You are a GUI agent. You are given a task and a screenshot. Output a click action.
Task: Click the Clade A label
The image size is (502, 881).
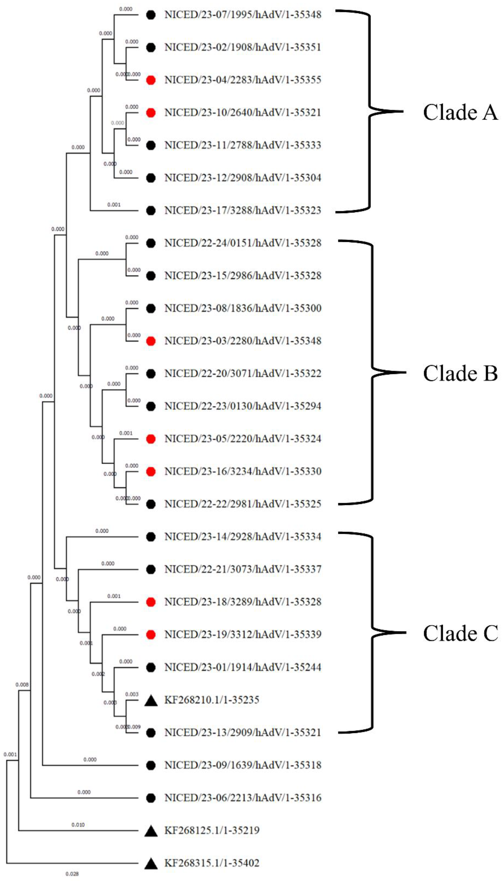[x=460, y=112]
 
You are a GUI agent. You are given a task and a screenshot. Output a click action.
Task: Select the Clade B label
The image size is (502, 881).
[x=460, y=373]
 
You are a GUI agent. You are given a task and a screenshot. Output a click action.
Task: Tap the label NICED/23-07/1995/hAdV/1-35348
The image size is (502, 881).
[x=243, y=15]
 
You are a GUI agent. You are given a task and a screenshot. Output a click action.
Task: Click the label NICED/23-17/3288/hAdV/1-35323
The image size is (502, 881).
[x=243, y=210]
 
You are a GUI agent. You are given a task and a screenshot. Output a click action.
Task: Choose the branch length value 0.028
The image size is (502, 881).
[x=72, y=874]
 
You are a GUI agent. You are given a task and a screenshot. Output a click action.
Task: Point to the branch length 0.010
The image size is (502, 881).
[x=78, y=825]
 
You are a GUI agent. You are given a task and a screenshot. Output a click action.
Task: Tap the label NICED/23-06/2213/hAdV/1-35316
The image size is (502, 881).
[x=243, y=798]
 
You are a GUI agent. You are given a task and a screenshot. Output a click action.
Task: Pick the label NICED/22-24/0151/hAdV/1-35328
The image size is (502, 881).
[x=243, y=243]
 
